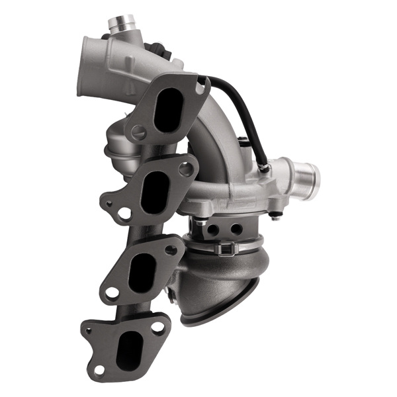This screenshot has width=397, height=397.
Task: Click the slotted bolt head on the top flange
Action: click(139, 132)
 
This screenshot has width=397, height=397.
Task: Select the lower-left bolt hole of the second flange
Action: click(124, 213)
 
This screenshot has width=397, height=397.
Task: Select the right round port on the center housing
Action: click(235, 228)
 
